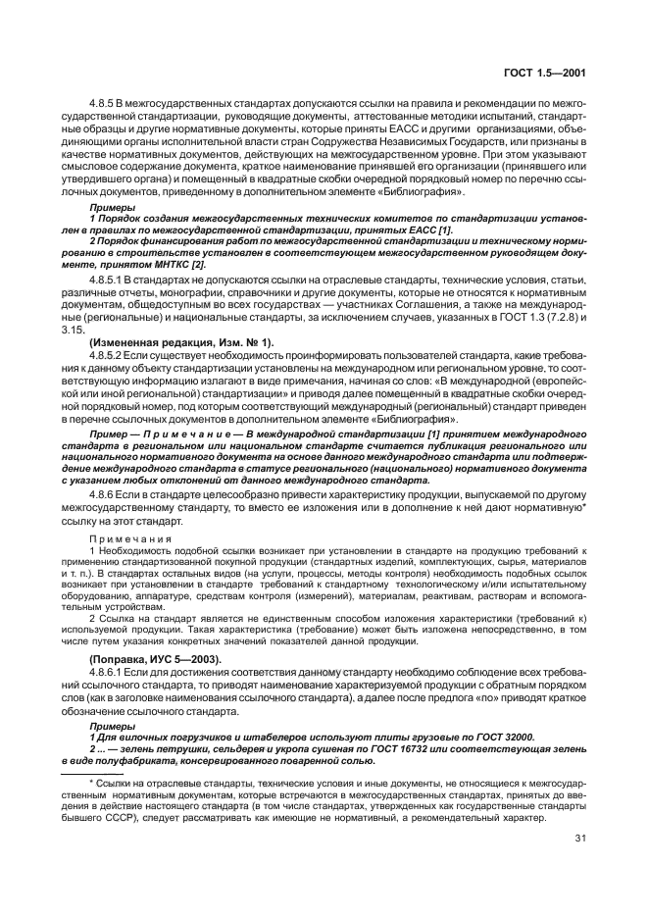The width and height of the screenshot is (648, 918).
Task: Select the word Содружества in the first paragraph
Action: (342, 154)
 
